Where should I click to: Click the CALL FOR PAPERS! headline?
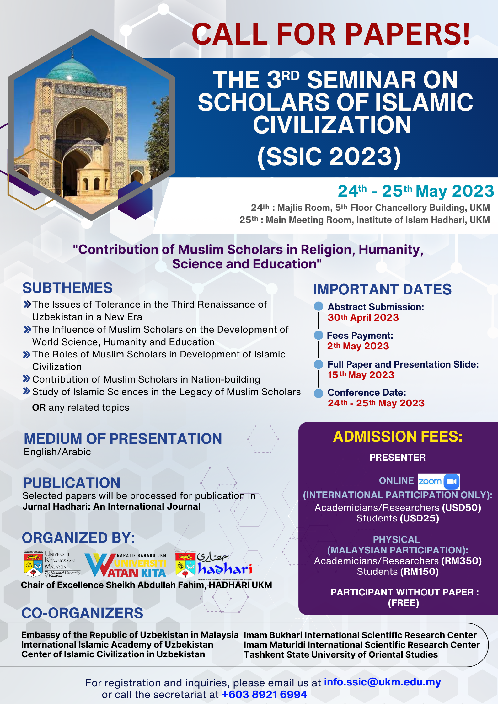coord(331,34)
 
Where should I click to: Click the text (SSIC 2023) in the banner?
coord(329,156)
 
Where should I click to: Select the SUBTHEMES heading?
coord(67,288)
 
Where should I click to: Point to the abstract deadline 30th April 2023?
coord(363,318)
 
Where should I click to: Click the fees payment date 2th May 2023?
coord(358,346)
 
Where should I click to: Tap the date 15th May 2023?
coord(361,375)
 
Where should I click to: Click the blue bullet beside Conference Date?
coord(319,393)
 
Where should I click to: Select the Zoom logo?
coord(439,481)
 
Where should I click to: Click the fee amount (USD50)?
coord(461,507)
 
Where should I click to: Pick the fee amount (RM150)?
coord(420,572)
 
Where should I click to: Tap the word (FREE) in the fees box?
coord(404,603)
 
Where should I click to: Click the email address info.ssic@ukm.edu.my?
coord(382,682)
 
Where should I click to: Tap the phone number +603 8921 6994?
coord(264,695)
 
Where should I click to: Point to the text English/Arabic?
coord(57,452)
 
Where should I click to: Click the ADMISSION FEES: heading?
coord(398,437)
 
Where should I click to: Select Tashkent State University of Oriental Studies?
coord(341,655)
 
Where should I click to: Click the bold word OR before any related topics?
coord(39,408)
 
